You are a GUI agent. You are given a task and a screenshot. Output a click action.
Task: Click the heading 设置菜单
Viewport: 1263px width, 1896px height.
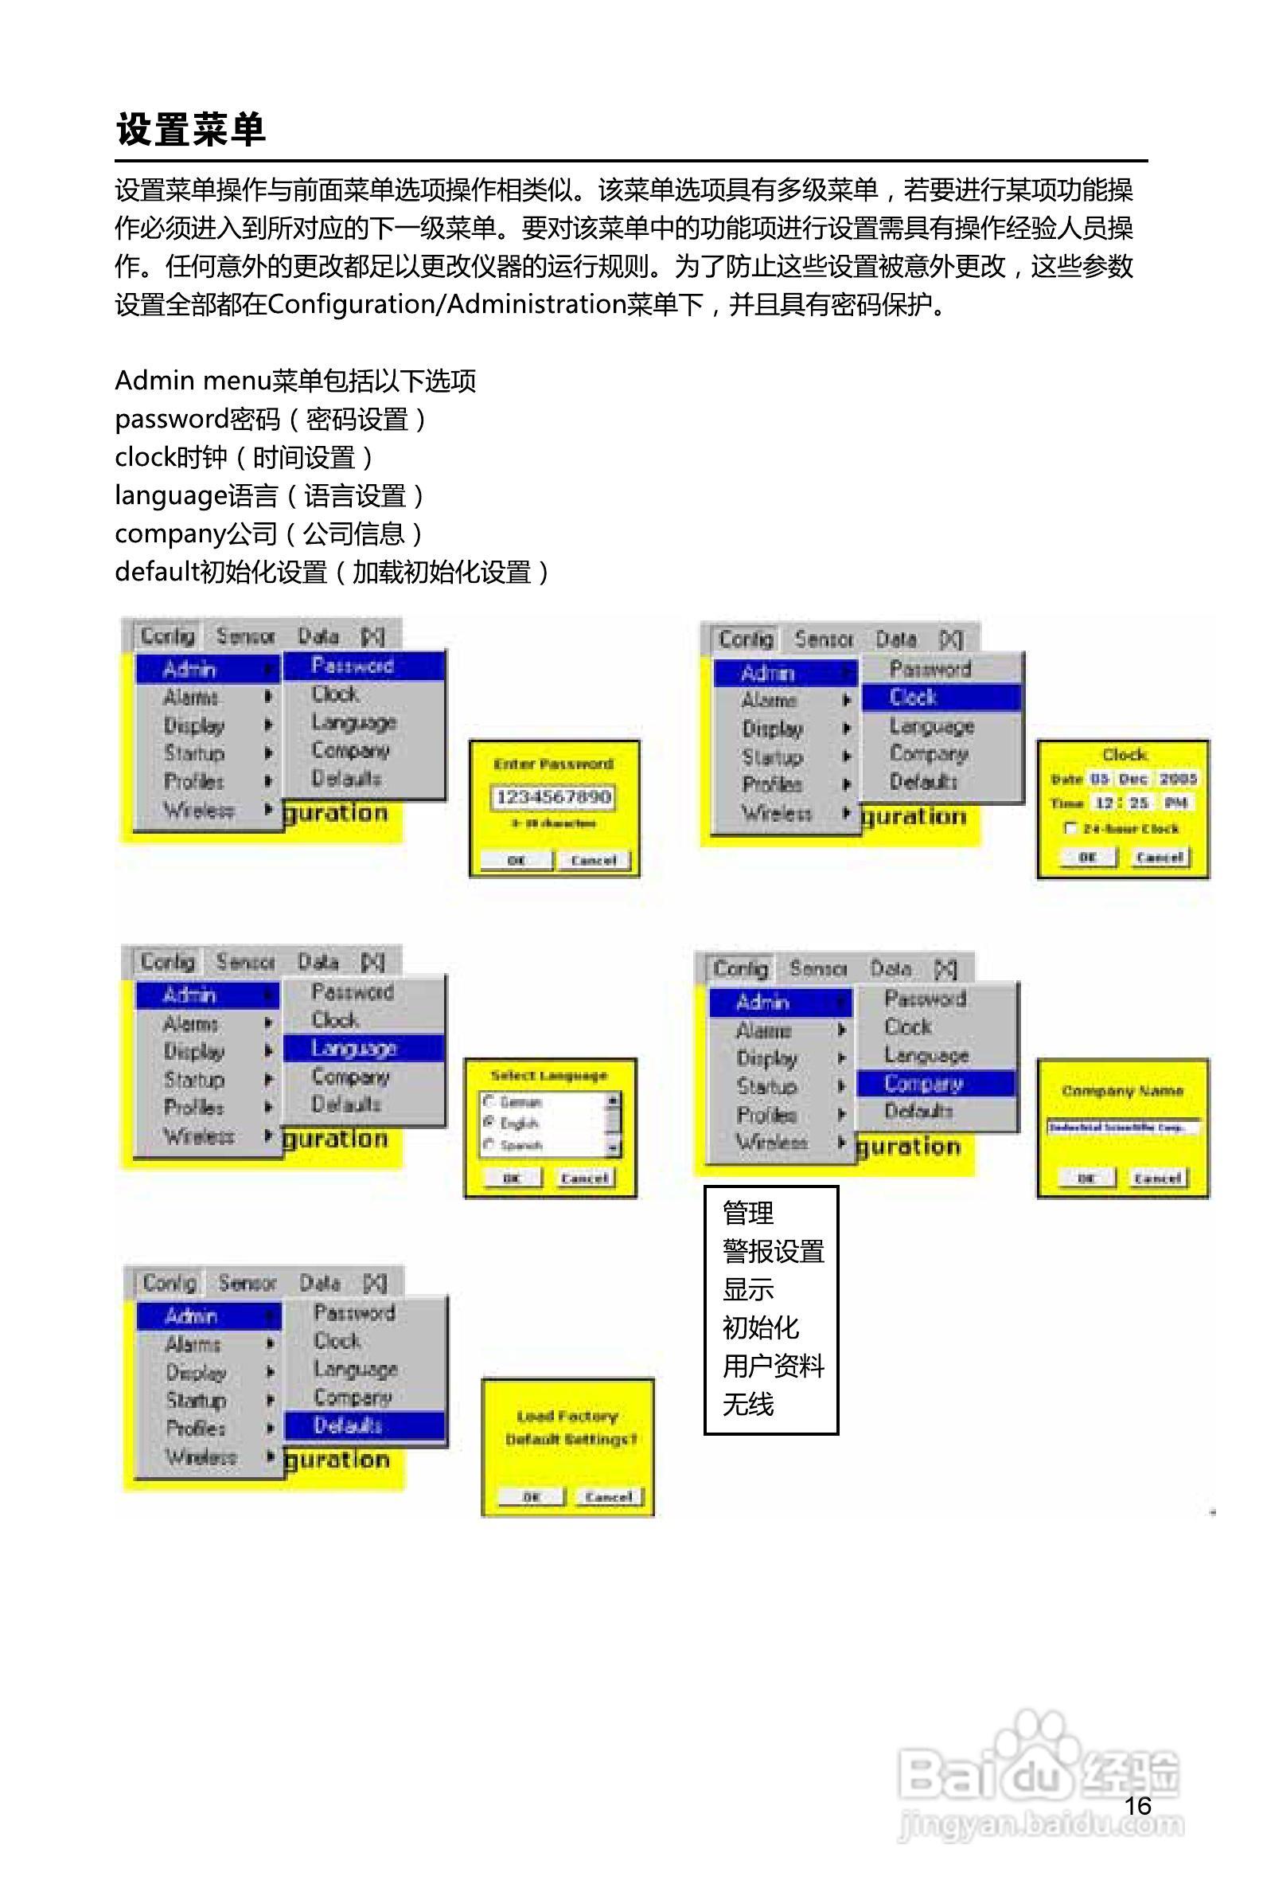[191, 129]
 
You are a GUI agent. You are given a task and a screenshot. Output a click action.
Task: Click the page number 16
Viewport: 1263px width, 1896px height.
[1137, 1806]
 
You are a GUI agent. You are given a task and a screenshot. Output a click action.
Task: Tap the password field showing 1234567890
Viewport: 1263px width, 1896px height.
[553, 797]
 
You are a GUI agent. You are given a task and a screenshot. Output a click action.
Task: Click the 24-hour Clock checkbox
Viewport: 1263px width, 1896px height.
[1071, 828]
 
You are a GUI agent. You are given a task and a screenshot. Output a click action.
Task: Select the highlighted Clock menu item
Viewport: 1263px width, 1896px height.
[941, 698]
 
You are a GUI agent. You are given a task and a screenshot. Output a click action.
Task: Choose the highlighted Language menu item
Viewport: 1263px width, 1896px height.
[363, 1048]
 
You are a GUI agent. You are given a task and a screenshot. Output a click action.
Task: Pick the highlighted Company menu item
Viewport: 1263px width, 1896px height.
[935, 1084]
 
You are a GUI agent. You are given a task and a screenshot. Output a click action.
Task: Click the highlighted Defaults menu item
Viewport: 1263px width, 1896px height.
[364, 1425]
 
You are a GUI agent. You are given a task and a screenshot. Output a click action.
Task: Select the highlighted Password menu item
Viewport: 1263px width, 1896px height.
[363, 666]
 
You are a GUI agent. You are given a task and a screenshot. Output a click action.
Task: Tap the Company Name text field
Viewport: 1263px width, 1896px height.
[1123, 1128]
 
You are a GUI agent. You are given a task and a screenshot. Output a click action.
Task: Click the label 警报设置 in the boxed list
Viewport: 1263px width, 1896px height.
[774, 1251]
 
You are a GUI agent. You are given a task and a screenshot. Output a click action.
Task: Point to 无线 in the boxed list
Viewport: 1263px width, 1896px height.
[747, 1405]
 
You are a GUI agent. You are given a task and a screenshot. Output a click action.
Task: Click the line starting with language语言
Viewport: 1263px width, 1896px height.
[269, 495]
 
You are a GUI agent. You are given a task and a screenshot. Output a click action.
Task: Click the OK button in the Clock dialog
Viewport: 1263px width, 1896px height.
[1086, 858]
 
